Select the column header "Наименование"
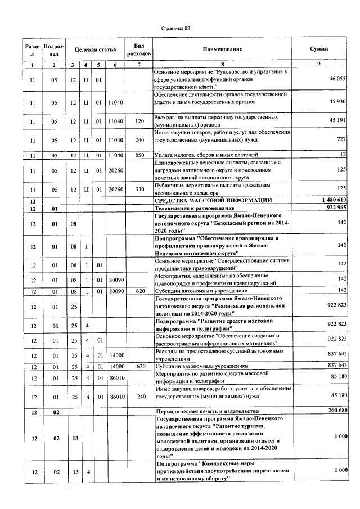click(x=222, y=49)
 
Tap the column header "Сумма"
click(x=319, y=49)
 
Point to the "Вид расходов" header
click(x=139, y=49)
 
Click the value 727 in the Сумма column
click(x=341, y=139)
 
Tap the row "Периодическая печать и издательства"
click(x=206, y=412)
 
